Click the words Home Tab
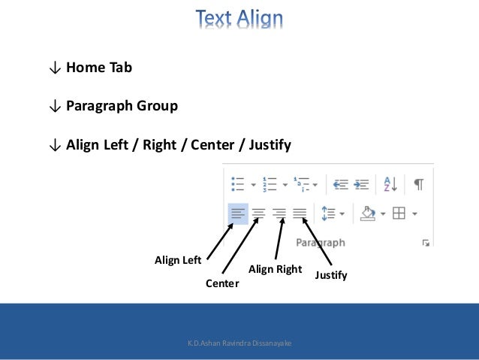pos(98,68)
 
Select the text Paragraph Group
pos(122,105)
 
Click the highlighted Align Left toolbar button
pos(237,213)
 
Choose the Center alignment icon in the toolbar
pos(258,213)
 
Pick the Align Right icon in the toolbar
pos(279,213)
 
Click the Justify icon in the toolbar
pos(300,213)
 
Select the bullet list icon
pos(239,183)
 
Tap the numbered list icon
pos(271,183)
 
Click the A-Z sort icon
pos(390,183)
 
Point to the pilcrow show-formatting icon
pos(418,183)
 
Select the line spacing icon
pos(327,213)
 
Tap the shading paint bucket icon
pos(368,213)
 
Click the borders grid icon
pos(399,213)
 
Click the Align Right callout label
pos(275,269)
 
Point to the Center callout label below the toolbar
pos(221,283)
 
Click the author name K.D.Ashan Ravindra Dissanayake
pos(239,343)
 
